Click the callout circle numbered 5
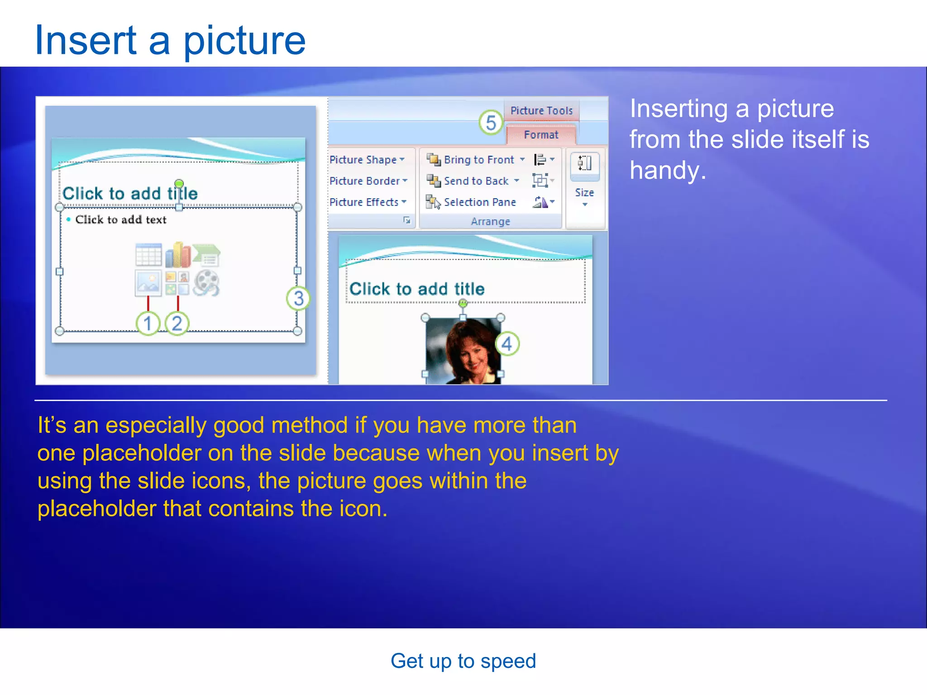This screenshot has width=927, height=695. pos(491,123)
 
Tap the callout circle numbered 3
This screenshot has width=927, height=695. pos(298,298)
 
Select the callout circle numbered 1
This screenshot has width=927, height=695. pos(148,324)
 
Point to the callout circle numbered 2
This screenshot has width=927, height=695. pos(177,324)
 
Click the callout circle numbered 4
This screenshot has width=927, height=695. pos(507,344)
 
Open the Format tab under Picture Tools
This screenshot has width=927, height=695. pos(541,135)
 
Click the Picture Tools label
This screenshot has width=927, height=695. pos(541,110)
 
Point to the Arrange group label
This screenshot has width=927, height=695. pos(490,222)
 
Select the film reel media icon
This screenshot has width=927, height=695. pos(206,283)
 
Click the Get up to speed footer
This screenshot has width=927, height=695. pos(463,661)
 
